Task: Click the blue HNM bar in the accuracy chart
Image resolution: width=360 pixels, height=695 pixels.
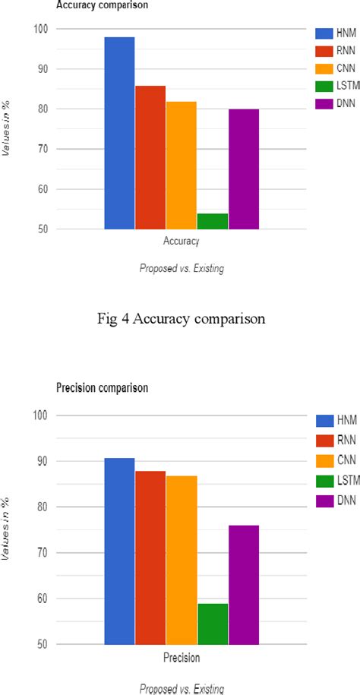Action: pyautogui.click(x=119, y=133)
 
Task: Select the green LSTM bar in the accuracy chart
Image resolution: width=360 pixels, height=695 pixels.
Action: pyautogui.click(x=212, y=221)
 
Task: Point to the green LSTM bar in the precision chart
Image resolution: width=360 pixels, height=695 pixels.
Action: pyautogui.click(x=212, y=624)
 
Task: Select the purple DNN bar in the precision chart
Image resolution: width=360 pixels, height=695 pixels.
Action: pyautogui.click(x=243, y=584)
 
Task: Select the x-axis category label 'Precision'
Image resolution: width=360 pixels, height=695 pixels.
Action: pyautogui.click(x=182, y=658)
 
